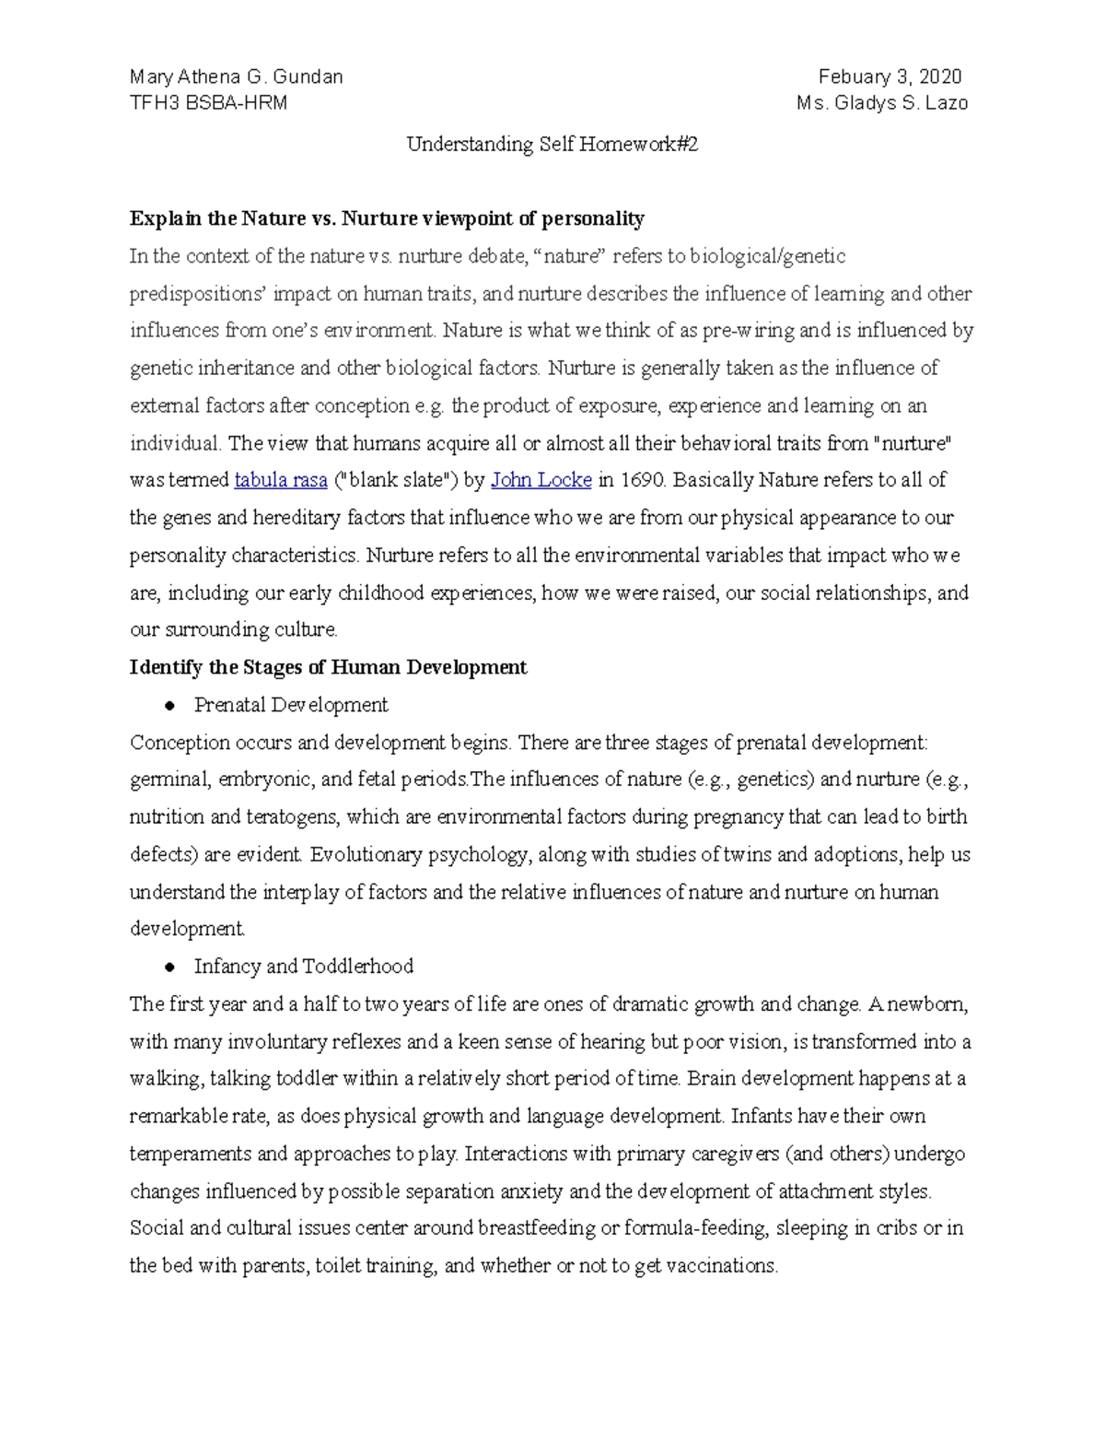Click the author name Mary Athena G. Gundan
236,77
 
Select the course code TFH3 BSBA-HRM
208,103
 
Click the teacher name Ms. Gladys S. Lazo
881,103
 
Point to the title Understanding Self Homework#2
552,145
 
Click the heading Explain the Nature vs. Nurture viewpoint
387,219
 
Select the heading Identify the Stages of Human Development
328,668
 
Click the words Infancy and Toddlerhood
303,967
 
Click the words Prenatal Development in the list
291,706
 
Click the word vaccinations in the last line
720,1266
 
